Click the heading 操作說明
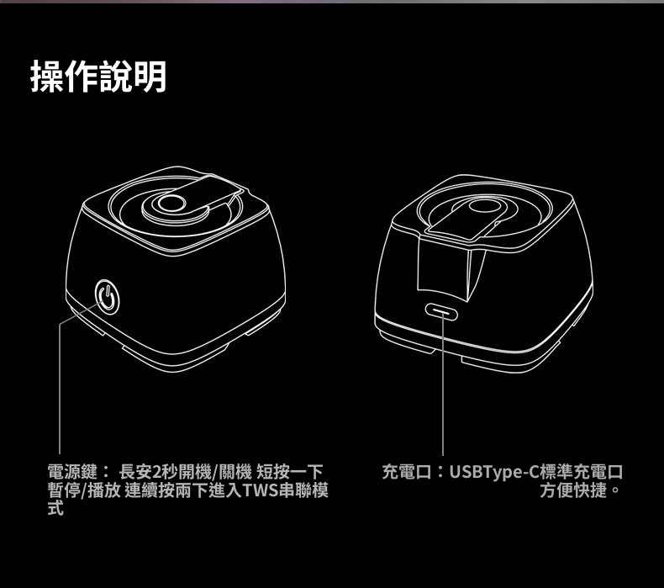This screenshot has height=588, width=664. click(98, 77)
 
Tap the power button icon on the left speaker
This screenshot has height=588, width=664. click(108, 297)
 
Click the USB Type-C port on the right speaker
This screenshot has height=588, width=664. click(442, 312)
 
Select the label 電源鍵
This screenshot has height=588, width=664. click(72, 471)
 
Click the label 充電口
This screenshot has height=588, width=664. click(407, 471)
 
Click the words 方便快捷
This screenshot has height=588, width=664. click(573, 490)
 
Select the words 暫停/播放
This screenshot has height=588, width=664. click(84, 490)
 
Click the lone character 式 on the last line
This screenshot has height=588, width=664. click(55, 507)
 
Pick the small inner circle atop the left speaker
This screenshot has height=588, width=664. click(171, 204)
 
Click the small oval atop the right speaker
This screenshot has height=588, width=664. click(483, 206)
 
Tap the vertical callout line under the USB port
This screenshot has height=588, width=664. click(442, 384)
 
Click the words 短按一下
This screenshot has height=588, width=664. click(290, 471)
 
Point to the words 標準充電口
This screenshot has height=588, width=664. click(581, 471)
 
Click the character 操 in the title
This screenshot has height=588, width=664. click(47, 77)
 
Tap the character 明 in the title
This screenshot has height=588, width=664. click(150, 77)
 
